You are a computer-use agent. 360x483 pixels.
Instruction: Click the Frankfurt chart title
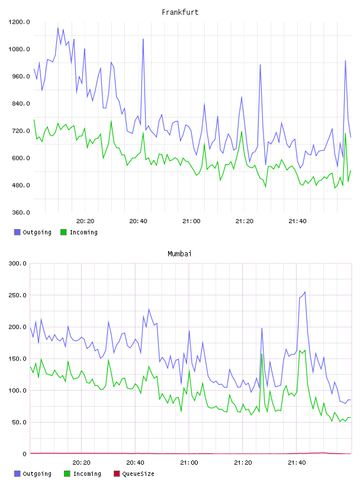[180, 12]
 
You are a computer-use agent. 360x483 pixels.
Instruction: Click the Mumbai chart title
[179, 254]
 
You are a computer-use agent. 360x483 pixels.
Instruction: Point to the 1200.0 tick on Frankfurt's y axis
[19, 22]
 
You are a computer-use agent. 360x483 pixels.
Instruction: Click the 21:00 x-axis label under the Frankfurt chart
[191, 221]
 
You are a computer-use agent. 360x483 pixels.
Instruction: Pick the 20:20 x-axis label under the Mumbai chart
[81, 463]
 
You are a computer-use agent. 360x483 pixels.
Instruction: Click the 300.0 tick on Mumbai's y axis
[18, 263]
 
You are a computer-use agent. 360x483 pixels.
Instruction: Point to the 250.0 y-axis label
[18, 295]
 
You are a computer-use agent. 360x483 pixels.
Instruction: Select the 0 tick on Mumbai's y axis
[25, 454]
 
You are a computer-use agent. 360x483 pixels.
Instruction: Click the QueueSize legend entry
[139, 474]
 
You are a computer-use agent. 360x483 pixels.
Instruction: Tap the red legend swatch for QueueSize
[117, 474]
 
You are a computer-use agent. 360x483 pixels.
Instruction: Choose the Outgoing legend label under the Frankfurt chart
[37, 232]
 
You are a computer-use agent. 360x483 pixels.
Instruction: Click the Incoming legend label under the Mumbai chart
[87, 474]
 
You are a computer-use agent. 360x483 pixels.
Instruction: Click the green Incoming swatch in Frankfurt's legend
[63, 232]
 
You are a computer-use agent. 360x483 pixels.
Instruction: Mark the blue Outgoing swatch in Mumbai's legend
[17, 474]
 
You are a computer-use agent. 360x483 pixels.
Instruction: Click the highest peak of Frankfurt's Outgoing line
[58, 27]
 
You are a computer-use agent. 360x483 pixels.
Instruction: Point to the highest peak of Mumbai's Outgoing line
[305, 292]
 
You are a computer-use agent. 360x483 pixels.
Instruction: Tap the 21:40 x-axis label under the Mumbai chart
[297, 463]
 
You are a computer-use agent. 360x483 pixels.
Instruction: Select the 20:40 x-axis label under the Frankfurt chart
[138, 221]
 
